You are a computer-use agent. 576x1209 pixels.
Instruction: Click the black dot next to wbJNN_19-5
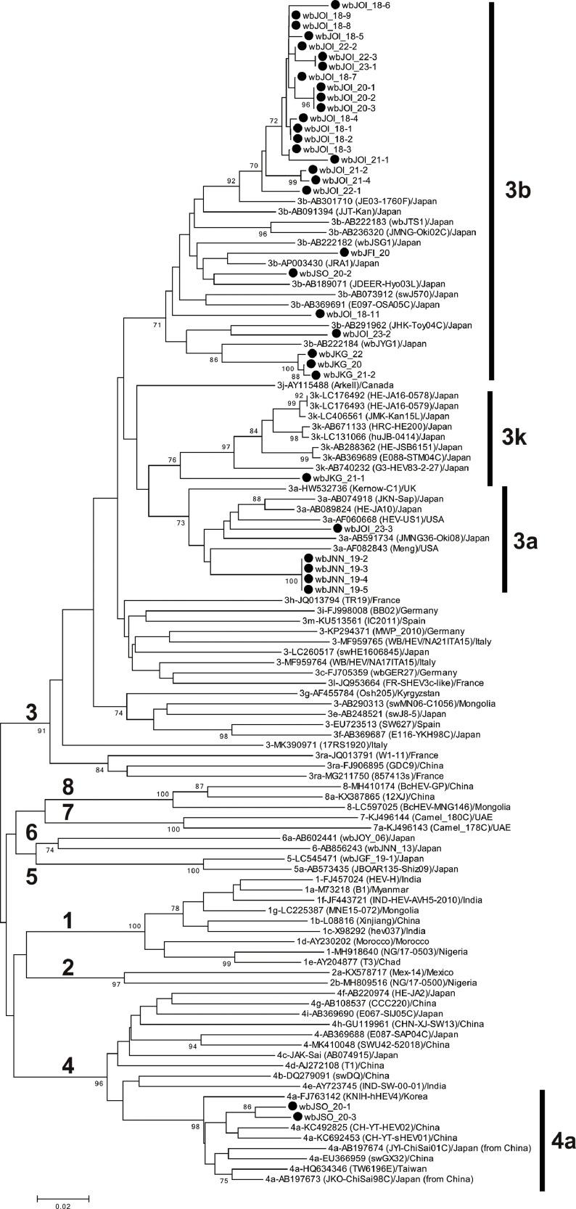click(x=308, y=589)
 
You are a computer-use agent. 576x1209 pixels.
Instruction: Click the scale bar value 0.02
click(x=63, y=1203)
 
